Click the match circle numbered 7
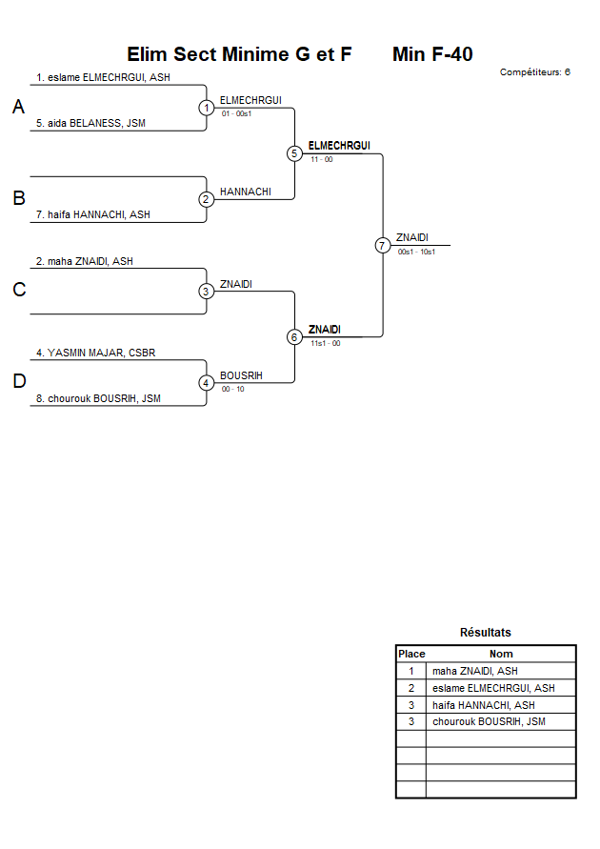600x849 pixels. coord(383,245)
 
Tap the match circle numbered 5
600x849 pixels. coord(294,153)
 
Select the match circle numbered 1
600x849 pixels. coord(207,108)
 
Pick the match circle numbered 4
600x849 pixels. coord(207,383)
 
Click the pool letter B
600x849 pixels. coord(18,199)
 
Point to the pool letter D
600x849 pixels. coord(18,382)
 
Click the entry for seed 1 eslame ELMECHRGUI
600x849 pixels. coord(103,77)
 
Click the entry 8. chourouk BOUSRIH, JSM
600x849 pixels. coord(104,398)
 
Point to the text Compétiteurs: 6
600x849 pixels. coord(534,71)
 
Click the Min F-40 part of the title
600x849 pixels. coord(432,54)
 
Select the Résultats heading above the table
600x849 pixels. coord(485,633)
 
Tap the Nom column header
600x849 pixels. coord(501,654)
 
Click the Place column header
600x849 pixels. coord(411,654)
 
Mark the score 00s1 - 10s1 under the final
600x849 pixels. coord(416,252)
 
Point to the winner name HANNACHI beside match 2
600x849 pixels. coord(245,192)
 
